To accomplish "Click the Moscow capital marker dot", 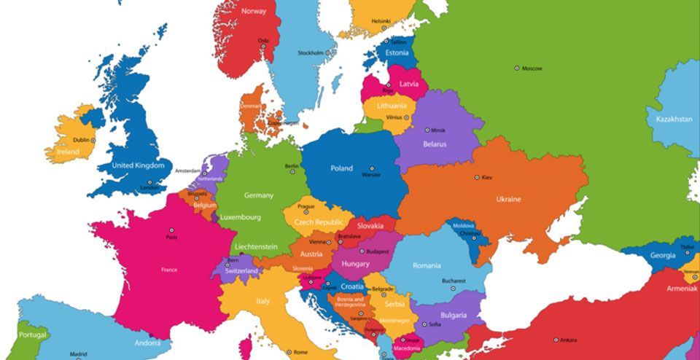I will pyautogui.click(x=517, y=68).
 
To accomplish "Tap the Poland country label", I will pyautogui.click(x=341, y=168).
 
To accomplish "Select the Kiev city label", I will pyautogui.click(x=486, y=177).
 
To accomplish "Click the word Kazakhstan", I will pyautogui.click(x=674, y=119).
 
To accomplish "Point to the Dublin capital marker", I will pyautogui.click(x=93, y=140).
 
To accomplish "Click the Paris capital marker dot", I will pyautogui.click(x=171, y=230).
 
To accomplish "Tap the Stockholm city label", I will pyautogui.click(x=311, y=52).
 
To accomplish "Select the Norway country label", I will pyautogui.click(x=254, y=11).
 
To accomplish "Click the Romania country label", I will pyautogui.click(x=427, y=265).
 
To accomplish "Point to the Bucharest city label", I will pyautogui.click(x=453, y=281).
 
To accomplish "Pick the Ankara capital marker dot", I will pyautogui.click(x=556, y=340).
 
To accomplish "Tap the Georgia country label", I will pyautogui.click(x=662, y=255).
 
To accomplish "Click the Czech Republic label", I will pyautogui.click(x=318, y=222).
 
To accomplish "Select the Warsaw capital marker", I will pyautogui.click(x=371, y=168).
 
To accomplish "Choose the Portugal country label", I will pyautogui.click(x=33, y=335).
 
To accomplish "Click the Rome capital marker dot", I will pyautogui.click(x=289, y=352).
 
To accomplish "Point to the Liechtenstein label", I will pyautogui.click(x=256, y=246).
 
